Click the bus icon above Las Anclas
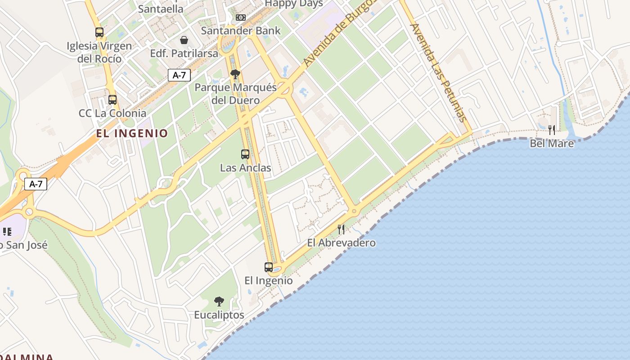tap(245, 154)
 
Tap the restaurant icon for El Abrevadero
tap(341, 229)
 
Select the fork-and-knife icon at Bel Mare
tap(552, 130)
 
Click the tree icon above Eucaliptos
tap(219, 301)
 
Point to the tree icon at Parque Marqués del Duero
tap(234, 74)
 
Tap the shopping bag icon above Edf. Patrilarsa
tap(184, 40)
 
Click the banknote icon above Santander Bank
tap(241, 18)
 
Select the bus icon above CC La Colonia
tap(112, 100)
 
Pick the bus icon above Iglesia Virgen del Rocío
tap(99, 32)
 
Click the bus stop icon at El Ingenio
tap(269, 267)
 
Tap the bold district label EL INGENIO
tap(132, 133)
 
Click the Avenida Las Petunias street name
tap(438, 73)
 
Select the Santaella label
tap(161, 9)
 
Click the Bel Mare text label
tap(552, 144)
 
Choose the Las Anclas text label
tap(245, 168)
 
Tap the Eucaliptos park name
tap(219, 315)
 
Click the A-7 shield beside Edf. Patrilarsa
tap(179, 75)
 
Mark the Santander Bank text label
tap(241, 31)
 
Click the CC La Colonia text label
tap(112, 113)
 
